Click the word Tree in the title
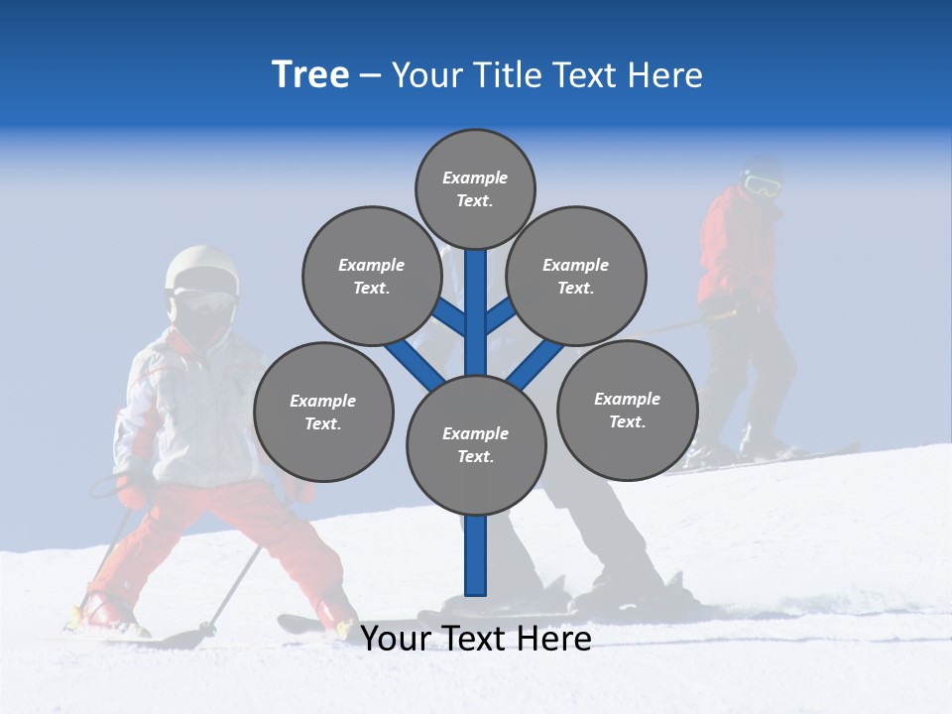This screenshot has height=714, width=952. tap(310, 75)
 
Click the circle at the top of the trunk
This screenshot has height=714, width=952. tap(475, 188)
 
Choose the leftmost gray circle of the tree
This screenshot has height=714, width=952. tap(323, 412)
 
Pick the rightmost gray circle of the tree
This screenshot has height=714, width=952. tap(627, 410)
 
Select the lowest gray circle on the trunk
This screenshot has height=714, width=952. tap(476, 444)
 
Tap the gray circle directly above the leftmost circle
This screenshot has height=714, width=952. tap(372, 276)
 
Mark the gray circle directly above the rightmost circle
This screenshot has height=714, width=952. tap(575, 276)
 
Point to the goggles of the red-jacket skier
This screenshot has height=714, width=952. tap(761, 184)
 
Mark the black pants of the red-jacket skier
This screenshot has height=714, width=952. tap(749, 367)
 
